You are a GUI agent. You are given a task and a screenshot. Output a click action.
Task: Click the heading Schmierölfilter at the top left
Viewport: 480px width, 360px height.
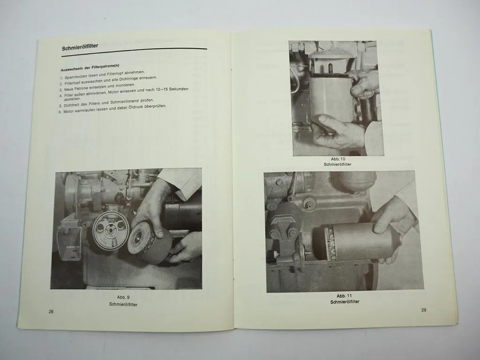[83, 48]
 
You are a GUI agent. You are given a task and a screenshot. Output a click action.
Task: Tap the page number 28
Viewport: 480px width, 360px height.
[51, 312]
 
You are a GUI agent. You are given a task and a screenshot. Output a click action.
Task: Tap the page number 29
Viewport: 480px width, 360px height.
[424, 309]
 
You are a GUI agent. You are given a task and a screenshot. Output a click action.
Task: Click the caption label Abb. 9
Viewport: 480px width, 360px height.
[123, 297]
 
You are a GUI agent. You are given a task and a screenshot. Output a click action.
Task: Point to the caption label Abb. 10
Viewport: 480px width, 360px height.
[337, 159]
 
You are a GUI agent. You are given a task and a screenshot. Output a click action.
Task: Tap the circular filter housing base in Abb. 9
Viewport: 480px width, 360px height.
[110, 231]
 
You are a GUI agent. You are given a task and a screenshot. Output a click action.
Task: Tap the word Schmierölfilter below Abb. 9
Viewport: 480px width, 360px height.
[123, 304]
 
